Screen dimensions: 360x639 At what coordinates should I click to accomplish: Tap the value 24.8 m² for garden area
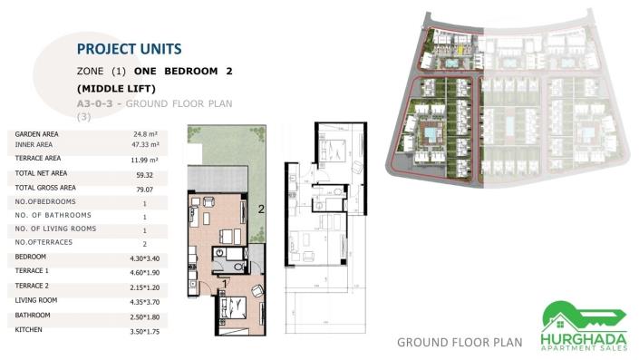pos(145,134)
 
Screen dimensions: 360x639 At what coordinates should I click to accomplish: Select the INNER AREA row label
pos(34,144)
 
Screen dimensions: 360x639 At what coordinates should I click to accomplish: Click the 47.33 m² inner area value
pos(145,144)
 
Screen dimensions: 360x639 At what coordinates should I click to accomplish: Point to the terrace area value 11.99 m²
pos(145,160)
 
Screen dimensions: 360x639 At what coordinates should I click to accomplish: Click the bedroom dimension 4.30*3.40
pos(145,258)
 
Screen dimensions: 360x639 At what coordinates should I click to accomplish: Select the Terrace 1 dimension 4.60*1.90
pos(145,272)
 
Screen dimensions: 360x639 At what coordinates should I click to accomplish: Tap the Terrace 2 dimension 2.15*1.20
pos(145,287)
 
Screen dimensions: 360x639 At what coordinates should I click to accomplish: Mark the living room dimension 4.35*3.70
pos(145,301)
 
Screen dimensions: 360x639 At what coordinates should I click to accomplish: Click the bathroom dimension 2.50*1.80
pos(145,316)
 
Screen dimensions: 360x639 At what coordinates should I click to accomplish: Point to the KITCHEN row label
pos(31,330)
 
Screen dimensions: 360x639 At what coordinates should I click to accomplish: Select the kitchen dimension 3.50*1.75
pos(145,332)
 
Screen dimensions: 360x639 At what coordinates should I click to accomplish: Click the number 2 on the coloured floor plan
pos(262,209)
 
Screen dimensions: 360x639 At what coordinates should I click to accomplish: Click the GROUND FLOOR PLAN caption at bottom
pos(460,342)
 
